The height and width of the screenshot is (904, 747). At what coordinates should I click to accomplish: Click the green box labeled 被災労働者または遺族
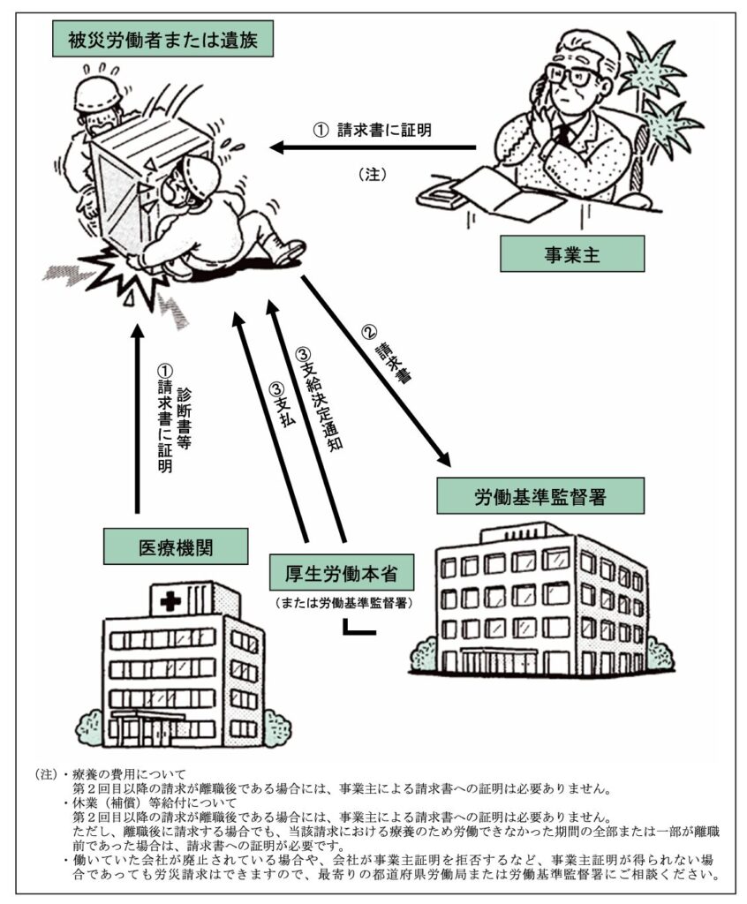tap(162, 39)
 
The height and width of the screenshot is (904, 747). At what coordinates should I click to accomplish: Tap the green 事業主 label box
tap(571, 253)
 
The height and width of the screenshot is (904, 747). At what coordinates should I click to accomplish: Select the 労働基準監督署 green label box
tap(540, 496)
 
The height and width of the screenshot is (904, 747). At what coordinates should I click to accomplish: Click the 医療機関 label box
tap(176, 546)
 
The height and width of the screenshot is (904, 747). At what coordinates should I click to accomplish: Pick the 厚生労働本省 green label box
tap(342, 573)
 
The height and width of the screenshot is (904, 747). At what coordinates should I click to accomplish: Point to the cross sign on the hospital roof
tap(170, 602)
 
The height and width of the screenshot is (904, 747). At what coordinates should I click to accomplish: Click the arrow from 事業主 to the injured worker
tap(373, 147)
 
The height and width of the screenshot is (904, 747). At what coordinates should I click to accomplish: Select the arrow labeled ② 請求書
tap(375, 372)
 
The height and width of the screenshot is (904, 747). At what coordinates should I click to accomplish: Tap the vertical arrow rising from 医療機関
tap(137, 419)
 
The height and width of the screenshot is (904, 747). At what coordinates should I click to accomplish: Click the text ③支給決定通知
tap(320, 399)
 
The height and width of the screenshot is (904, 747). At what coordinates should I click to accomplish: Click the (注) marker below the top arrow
tap(372, 174)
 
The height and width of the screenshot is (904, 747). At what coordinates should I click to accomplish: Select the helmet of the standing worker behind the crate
tap(99, 94)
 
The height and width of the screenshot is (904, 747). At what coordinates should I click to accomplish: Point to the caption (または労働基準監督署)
tap(343, 604)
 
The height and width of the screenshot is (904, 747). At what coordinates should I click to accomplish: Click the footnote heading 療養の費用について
tap(129, 773)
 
